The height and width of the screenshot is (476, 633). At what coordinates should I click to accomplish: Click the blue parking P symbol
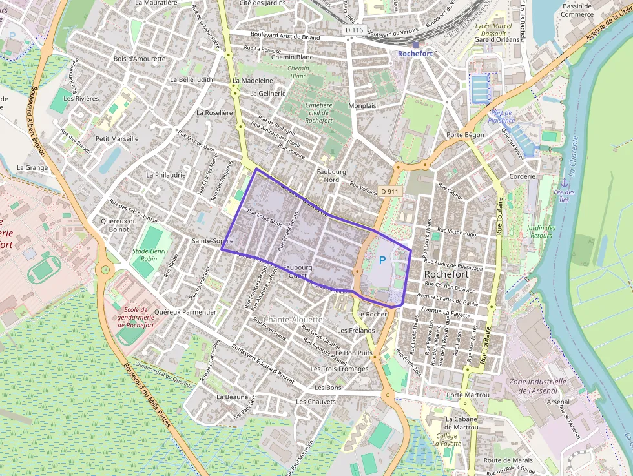(x=382, y=260)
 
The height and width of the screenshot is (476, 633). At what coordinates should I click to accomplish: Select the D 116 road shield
(x=354, y=30)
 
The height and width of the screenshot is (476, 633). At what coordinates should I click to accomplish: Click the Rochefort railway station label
(x=415, y=54)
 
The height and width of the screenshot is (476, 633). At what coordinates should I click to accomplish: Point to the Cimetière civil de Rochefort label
(x=318, y=112)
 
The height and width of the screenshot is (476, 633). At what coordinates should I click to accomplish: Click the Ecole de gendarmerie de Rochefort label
(x=136, y=317)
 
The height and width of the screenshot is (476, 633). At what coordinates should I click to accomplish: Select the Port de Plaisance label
(x=502, y=116)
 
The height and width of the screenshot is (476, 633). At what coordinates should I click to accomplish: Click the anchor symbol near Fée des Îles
(x=564, y=182)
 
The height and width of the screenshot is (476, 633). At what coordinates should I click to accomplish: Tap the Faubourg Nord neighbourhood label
(x=332, y=176)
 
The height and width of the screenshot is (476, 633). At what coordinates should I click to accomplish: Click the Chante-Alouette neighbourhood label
(x=292, y=320)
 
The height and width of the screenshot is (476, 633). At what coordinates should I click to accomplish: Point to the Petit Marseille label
(x=117, y=138)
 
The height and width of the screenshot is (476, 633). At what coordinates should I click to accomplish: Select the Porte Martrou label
(x=468, y=395)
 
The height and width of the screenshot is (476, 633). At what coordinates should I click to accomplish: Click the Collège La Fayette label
(x=447, y=440)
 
